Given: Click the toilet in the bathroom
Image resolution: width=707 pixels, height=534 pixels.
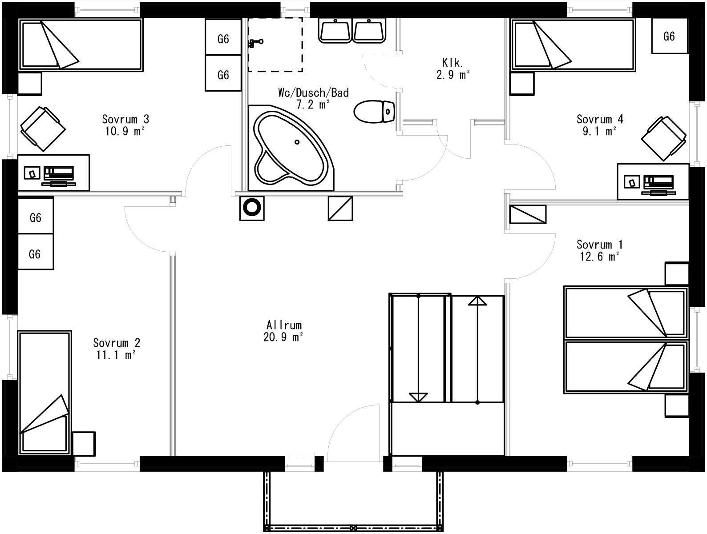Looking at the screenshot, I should (375, 112).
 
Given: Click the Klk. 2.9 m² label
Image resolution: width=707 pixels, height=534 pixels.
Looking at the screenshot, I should (453, 68).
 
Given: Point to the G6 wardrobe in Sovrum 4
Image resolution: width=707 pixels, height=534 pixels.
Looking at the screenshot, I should (669, 36).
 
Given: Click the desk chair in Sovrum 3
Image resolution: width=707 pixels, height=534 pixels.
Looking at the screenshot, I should (42, 128).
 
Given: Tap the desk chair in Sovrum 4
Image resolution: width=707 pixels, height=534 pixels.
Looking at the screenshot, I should (663, 138).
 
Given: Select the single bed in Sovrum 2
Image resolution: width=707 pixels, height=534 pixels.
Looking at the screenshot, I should (44, 393).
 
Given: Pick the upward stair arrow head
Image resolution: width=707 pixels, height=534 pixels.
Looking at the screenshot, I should (477, 301).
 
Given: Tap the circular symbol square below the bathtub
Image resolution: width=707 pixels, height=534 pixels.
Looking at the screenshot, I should (252, 208).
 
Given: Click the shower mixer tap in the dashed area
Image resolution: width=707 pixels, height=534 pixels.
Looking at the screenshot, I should (255, 42).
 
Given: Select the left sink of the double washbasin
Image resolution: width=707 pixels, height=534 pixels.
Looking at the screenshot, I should (335, 31).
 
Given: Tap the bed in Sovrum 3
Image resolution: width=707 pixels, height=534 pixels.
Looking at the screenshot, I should (80, 44).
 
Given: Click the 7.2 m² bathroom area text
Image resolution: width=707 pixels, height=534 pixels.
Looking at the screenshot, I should (313, 105).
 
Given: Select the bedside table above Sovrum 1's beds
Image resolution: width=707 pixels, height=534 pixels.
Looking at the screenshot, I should (677, 273).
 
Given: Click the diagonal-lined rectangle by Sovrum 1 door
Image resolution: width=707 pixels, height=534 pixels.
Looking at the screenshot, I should (528, 214).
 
